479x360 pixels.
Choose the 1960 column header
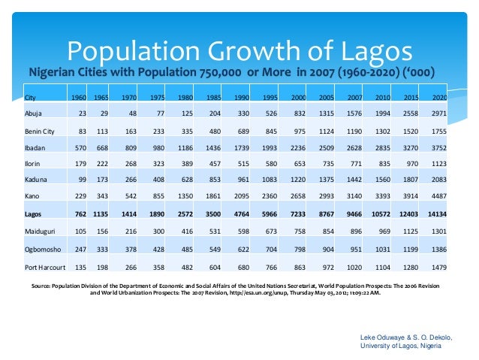[x=78, y=98]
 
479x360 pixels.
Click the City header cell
[x=30, y=98]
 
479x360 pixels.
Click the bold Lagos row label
[x=34, y=215]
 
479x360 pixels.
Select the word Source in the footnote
[x=44, y=286]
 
